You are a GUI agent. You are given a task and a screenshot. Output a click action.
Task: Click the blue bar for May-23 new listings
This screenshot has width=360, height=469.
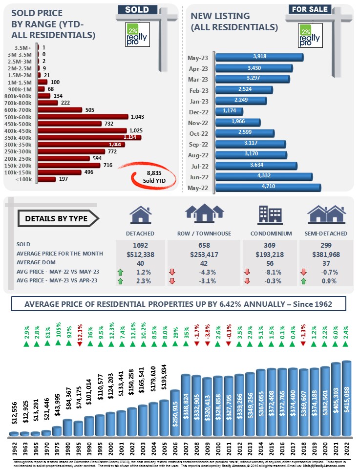point(259,58)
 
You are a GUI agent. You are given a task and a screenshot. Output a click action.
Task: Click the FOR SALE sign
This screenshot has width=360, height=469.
point(310,9)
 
